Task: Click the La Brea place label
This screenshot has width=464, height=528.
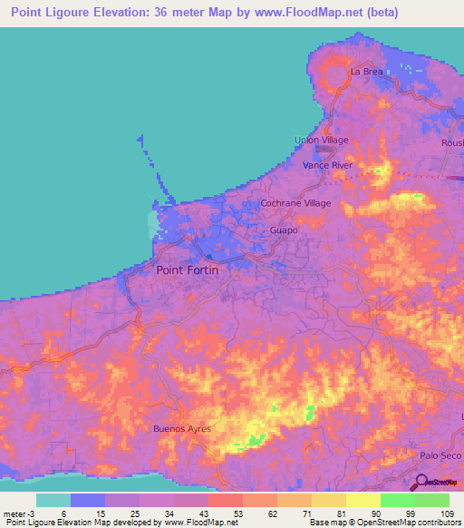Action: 367,71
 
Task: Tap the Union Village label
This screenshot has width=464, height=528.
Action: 321,140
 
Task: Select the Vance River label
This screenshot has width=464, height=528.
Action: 327,166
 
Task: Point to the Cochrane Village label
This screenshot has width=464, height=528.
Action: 295,203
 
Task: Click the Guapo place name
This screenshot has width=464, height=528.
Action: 284,230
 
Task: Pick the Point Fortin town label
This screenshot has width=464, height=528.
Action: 188,269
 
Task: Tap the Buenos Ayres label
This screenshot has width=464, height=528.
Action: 182,428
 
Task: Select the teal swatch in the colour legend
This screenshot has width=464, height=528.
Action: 53,500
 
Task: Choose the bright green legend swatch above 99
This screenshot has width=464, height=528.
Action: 398,500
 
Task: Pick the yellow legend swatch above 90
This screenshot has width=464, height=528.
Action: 363,500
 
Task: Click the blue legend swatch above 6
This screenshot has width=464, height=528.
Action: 88,500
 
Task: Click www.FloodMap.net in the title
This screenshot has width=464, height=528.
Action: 300,14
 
